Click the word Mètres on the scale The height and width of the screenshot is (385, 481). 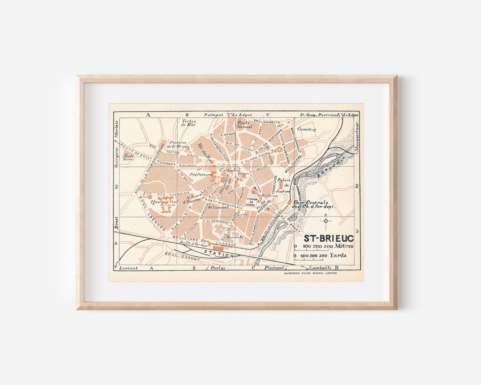(x=344, y=246)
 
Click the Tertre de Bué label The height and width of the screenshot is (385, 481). (x=189, y=123)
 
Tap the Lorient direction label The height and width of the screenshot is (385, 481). (x=128, y=268)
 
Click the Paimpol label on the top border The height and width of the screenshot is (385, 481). (x=213, y=115)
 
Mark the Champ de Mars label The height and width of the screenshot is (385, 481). (x=252, y=202)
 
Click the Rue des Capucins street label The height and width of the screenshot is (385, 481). (x=161, y=194)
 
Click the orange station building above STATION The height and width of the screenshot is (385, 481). (x=218, y=247)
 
